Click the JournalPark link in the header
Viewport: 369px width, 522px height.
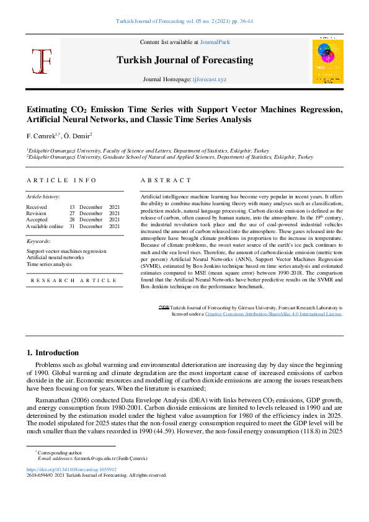(x=215, y=42)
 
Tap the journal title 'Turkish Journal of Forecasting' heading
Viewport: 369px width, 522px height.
(x=184, y=60)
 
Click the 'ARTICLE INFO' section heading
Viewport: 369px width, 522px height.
(x=61, y=180)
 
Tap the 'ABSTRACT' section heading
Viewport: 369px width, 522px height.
(x=166, y=180)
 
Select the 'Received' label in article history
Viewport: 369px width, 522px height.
(x=36, y=206)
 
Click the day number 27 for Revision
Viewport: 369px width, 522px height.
(x=72, y=213)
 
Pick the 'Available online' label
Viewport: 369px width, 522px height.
(x=44, y=226)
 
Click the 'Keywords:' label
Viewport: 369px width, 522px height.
(x=38, y=241)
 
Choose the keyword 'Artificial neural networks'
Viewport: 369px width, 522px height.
(x=55, y=257)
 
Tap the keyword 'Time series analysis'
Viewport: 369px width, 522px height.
(x=49, y=264)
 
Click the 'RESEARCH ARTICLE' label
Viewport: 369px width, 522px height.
(x=74, y=280)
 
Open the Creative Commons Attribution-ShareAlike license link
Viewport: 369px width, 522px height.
(x=273, y=314)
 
